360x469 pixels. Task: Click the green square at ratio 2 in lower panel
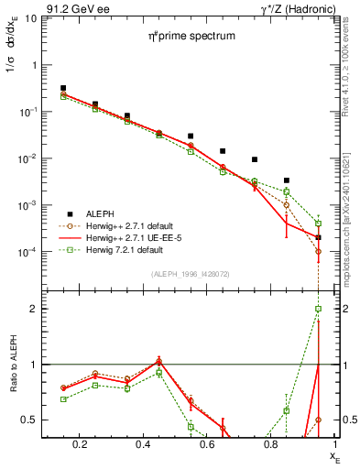point(318,309)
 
